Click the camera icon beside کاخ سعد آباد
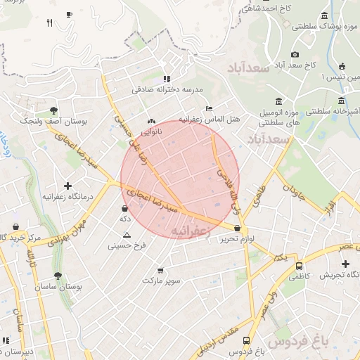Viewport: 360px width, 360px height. (295, 54)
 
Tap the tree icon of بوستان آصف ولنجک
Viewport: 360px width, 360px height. (53, 110)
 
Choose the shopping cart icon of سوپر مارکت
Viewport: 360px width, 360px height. (160, 270)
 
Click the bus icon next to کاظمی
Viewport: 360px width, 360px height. (300, 266)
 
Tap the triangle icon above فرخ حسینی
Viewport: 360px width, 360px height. (127, 235)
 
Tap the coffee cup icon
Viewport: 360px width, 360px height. (68, 14)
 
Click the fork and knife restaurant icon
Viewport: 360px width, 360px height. (49, 22)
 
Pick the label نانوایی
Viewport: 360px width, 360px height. (151, 131)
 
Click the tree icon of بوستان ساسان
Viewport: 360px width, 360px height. (56, 276)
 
